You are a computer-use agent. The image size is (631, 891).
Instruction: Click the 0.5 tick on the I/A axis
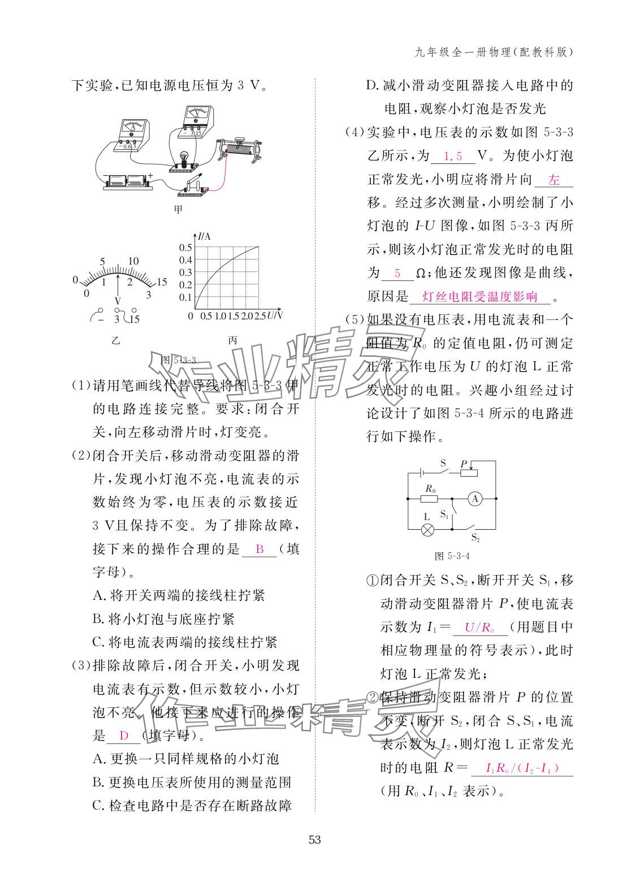pos(186,247)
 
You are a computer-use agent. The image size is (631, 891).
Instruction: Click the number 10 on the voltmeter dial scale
pos(133,261)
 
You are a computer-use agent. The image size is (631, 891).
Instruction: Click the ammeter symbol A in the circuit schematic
pos(475,498)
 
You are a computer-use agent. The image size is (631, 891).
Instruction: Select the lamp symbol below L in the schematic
pos(428,530)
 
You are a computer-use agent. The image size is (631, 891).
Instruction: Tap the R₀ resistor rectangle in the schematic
pos(429,499)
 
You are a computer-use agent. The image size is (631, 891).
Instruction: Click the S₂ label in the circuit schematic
pos(476,538)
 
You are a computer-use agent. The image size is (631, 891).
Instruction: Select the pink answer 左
pos(554,180)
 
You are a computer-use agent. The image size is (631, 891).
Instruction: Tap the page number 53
pos(315,840)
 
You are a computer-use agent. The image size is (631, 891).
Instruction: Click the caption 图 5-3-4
pos(452,556)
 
